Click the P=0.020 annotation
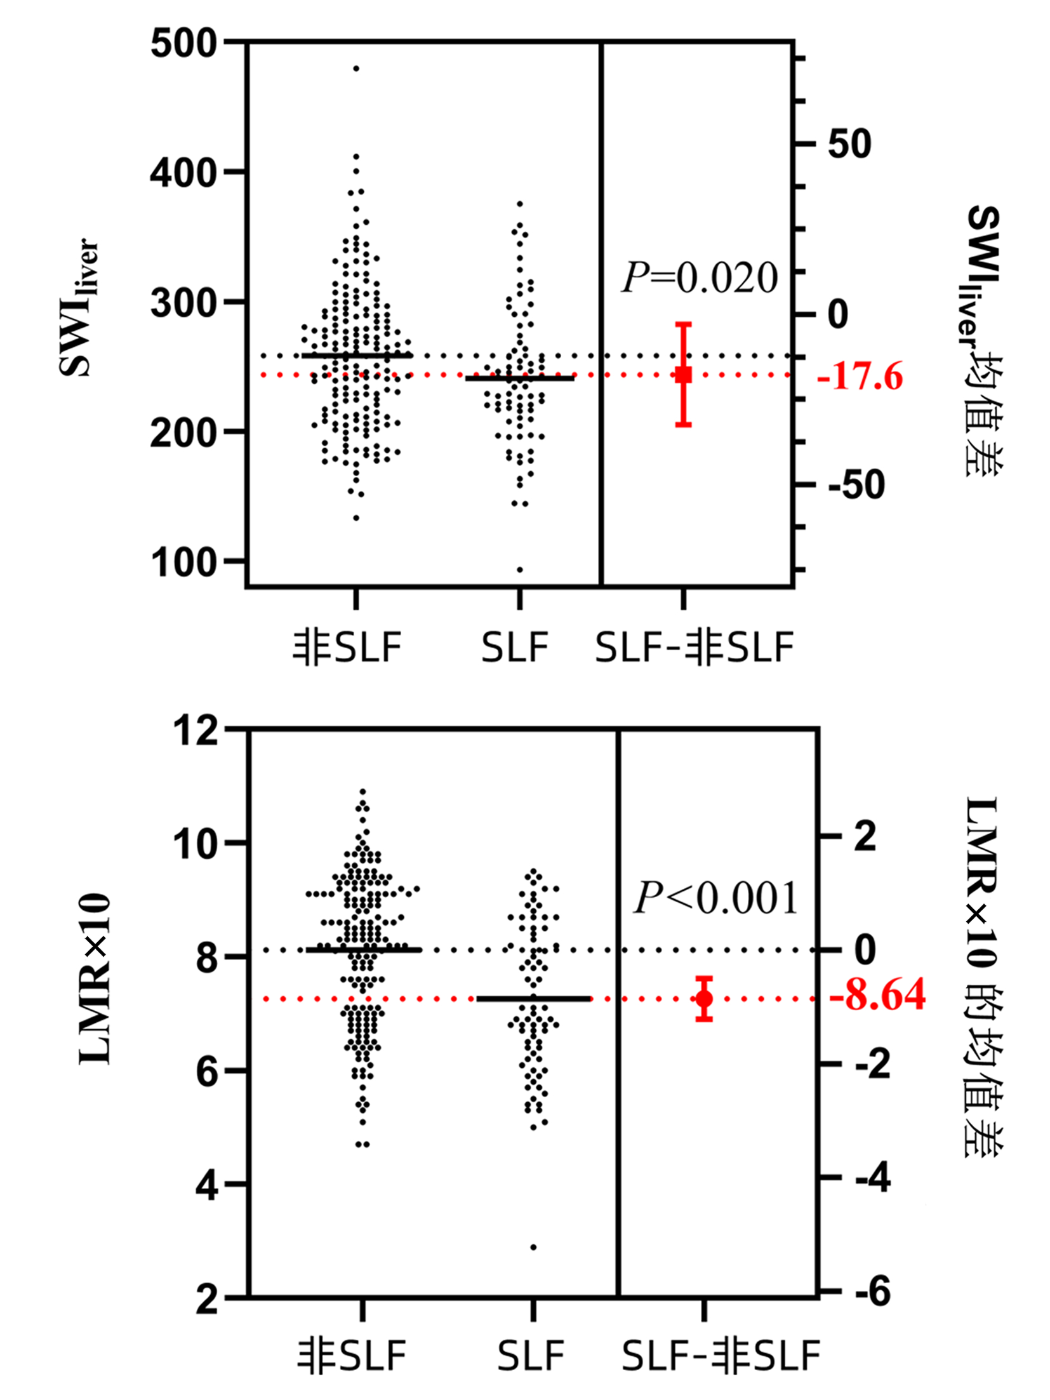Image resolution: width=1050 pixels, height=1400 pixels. (x=699, y=277)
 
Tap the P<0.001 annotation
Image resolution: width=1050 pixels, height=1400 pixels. (x=715, y=898)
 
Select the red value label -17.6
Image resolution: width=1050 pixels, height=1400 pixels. (x=860, y=377)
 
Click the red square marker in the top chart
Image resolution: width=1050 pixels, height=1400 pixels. (x=683, y=375)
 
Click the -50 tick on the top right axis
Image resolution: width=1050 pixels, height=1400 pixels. (x=856, y=484)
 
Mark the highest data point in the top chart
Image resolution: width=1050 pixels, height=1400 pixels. (x=356, y=68)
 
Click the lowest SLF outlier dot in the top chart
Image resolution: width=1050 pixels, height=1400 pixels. (x=520, y=570)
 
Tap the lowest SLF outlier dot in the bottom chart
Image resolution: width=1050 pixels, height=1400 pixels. (x=533, y=1247)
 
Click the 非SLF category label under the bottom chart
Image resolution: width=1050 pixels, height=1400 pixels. (x=352, y=1356)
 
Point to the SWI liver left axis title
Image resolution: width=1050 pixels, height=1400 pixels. (x=79, y=308)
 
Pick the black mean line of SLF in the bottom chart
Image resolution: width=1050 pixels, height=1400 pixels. (x=533, y=999)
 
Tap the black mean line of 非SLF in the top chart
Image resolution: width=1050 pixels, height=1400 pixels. (x=356, y=356)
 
